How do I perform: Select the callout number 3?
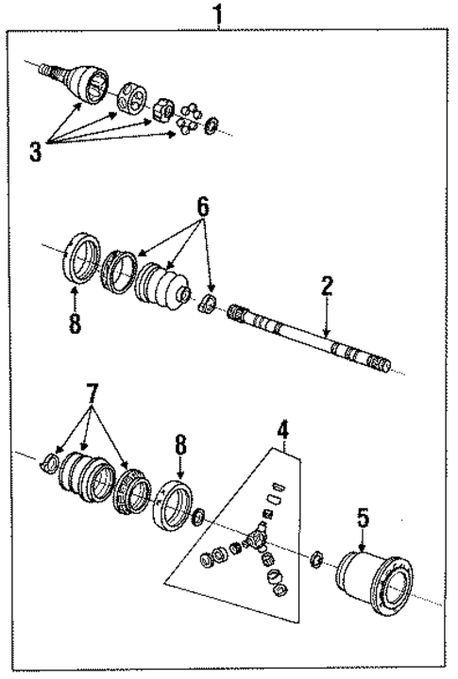pos(35,152)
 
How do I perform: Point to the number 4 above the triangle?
pos(281,434)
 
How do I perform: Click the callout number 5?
pos(361,517)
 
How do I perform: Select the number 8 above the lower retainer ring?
pos(180,442)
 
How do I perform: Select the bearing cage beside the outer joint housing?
pos(131,98)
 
